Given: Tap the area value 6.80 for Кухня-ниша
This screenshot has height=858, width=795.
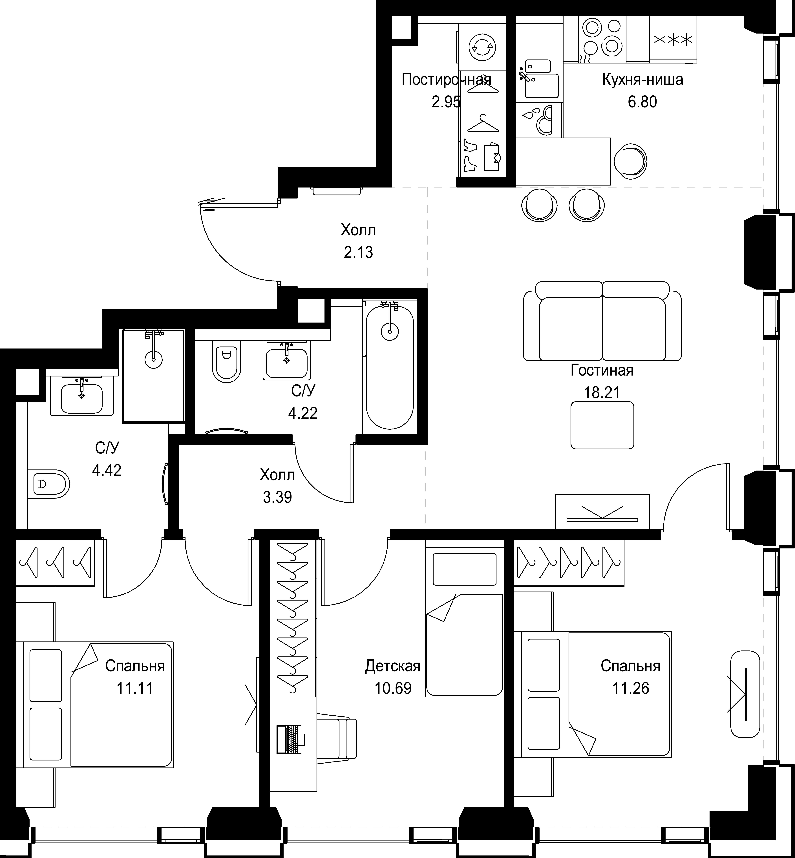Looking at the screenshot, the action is click(642, 102).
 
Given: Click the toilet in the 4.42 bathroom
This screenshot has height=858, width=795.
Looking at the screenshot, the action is click(49, 484).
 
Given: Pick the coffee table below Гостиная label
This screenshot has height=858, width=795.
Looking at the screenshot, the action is click(602, 425).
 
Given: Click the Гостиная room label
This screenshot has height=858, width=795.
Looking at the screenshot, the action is click(602, 370).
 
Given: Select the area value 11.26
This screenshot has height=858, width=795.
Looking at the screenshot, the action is click(631, 689).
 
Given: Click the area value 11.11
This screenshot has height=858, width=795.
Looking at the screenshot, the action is click(135, 689).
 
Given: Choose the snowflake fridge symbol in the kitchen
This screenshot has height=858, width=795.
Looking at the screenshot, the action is click(673, 40).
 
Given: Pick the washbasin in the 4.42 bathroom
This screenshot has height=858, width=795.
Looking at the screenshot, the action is click(82, 395).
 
